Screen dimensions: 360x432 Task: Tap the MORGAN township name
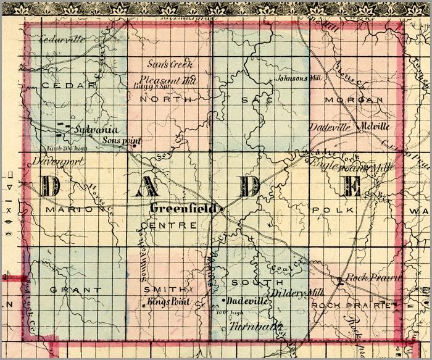click(x=360, y=99)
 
